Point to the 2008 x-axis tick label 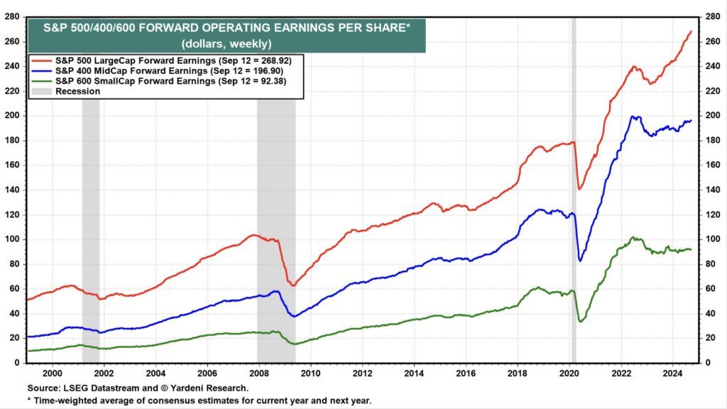[x=258, y=372]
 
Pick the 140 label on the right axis [x=711, y=190]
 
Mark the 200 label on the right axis [x=711, y=115]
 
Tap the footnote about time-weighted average [x=201, y=400]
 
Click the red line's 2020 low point [x=579, y=189]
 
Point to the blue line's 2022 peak [x=634, y=116]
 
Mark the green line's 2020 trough [x=581, y=322]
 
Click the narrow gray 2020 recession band [x=573, y=213]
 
